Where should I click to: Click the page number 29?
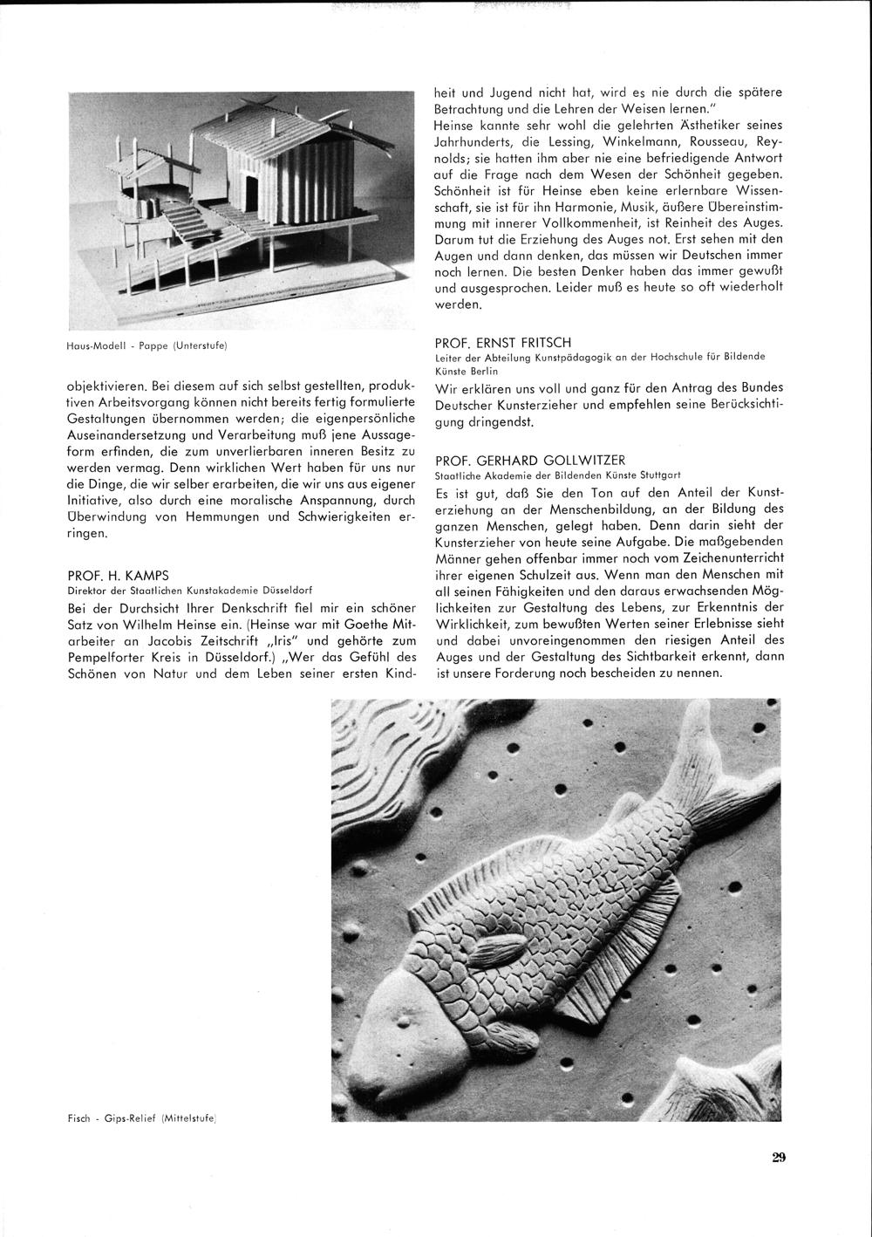point(779,1158)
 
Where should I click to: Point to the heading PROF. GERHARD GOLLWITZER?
point(529,461)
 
